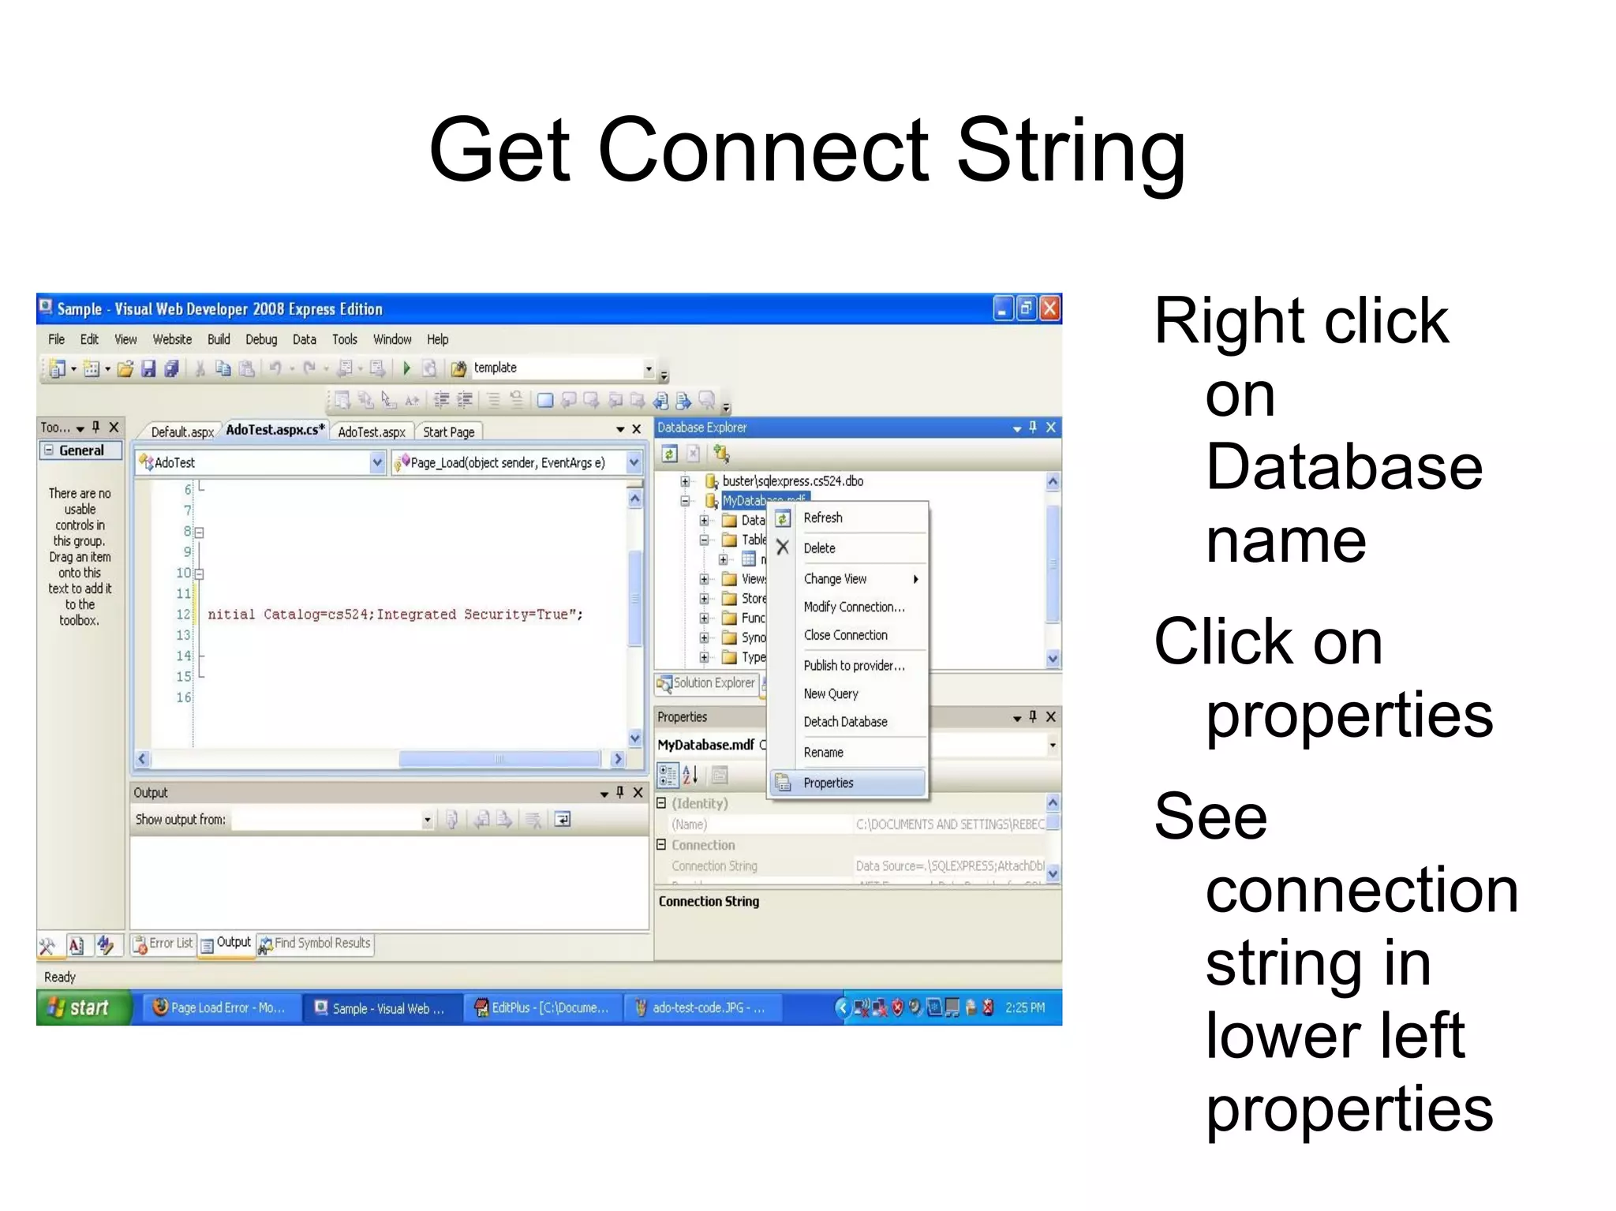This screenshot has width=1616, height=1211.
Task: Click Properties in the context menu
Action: (828, 783)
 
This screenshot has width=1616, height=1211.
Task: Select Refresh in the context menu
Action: (822, 518)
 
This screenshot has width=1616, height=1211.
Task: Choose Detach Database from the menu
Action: (845, 722)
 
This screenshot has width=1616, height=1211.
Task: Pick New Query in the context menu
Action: (830, 693)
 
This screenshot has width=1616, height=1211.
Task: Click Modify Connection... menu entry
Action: (854, 607)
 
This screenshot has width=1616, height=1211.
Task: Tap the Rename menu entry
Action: (823, 753)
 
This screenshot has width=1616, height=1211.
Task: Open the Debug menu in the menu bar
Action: (261, 339)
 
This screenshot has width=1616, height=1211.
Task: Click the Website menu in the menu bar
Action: (172, 339)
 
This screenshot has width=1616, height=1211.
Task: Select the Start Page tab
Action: (448, 432)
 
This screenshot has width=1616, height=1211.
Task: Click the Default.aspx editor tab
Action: (182, 432)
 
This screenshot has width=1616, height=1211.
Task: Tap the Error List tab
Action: (164, 944)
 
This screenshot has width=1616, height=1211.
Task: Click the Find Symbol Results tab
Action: (316, 944)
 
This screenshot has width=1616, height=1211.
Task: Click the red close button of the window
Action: (1049, 308)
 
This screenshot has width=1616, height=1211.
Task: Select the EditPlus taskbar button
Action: (544, 1008)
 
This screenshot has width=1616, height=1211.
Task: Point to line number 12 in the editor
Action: (183, 615)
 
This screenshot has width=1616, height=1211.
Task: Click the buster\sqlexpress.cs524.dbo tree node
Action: (792, 481)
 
